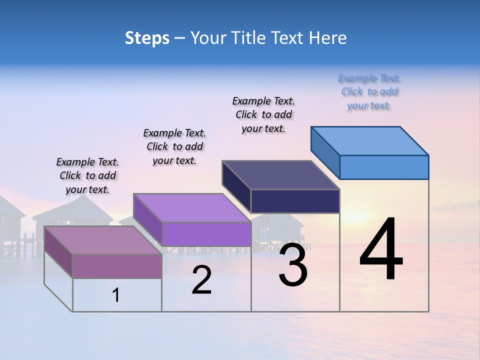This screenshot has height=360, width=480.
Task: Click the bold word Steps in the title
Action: pyautogui.click(x=147, y=38)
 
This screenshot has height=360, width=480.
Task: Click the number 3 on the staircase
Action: pyautogui.click(x=292, y=265)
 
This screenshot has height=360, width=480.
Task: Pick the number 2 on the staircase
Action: pyautogui.click(x=201, y=280)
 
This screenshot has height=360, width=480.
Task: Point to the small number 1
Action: pyautogui.click(x=116, y=295)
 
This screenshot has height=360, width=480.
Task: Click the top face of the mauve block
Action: pyautogui.click(x=103, y=240)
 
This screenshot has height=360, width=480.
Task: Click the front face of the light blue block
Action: pyautogui.click(x=384, y=167)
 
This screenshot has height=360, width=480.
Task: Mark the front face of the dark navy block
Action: pyautogui.click(x=295, y=201)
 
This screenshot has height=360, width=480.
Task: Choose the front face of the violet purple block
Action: pyautogui.click(x=206, y=234)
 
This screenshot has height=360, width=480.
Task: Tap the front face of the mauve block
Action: pyautogui.click(x=117, y=266)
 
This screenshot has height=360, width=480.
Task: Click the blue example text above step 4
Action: pyautogui.click(x=369, y=92)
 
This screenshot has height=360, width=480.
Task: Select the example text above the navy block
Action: pyautogui.click(x=263, y=115)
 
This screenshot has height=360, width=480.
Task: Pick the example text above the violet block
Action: pyautogui.click(x=174, y=146)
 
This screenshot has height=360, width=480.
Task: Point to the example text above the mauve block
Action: pyautogui.click(x=87, y=175)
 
